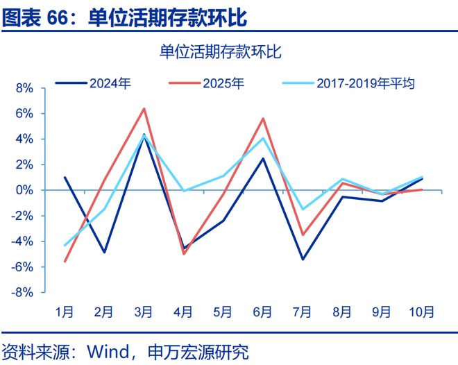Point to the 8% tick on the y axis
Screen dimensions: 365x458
pyautogui.click(x=25, y=88)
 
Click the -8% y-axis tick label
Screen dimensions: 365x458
pyautogui.click(x=24, y=293)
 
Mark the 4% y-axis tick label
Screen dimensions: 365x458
pyautogui.click(x=25, y=139)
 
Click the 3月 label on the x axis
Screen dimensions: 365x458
pyautogui.click(x=143, y=312)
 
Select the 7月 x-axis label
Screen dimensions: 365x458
pyautogui.click(x=301, y=312)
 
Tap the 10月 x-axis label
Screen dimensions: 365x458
pyautogui.click(x=421, y=312)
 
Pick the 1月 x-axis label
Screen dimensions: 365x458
pyautogui.click(x=65, y=312)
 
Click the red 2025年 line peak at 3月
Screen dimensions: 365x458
pyautogui.click(x=144, y=108)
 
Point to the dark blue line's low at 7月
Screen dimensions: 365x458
pyautogui.click(x=302, y=260)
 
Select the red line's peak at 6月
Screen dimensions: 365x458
pyautogui.click(x=263, y=118)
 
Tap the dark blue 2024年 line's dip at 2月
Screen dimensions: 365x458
pyautogui.click(x=104, y=252)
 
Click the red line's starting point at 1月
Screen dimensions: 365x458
pyautogui.click(x=65, y=262)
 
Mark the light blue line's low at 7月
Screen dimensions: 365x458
pyautogui.click(x=302, y=210)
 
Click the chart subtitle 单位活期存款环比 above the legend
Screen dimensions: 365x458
pyautogui.click(x=221, y=52)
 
